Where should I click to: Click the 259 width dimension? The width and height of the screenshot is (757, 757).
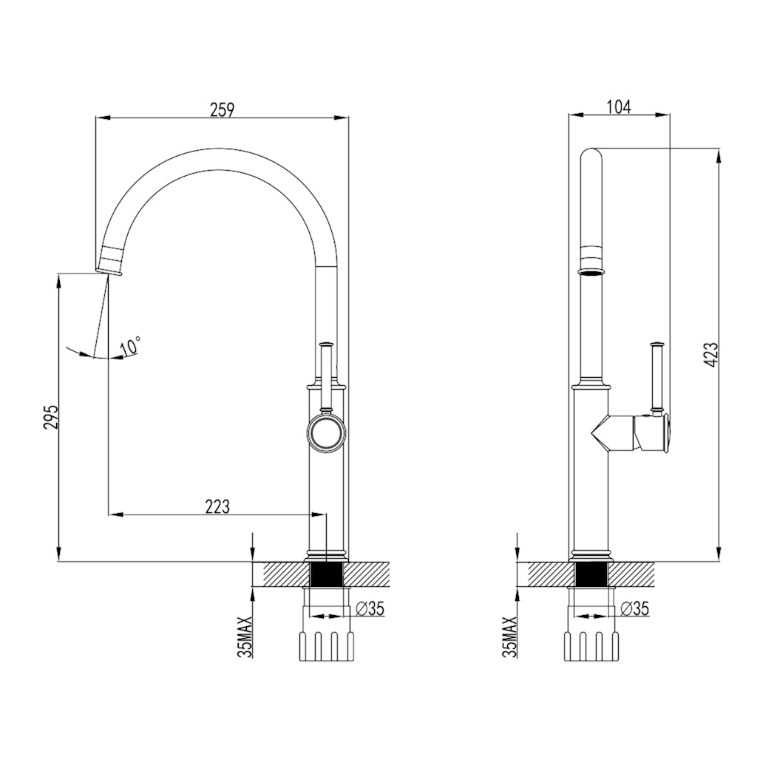click(222, 109)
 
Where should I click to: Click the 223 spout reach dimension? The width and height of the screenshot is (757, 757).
click(217, 506)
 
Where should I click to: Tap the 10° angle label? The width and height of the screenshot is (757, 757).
click(131, 346)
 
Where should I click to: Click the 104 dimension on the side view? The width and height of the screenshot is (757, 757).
click(619, 106)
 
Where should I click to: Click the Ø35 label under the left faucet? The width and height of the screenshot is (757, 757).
click(370, 608)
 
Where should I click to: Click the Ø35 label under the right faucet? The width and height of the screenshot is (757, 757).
click(635, 608)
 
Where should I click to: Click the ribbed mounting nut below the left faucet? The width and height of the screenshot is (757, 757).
click(325, 645)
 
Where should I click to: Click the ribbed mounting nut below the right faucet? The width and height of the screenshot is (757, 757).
click(591, 645)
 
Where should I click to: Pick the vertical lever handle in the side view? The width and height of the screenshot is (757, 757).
click(655, 377)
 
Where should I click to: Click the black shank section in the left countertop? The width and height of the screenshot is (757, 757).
click(325, 574)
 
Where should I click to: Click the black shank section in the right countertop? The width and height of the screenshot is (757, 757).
click(591, 574)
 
